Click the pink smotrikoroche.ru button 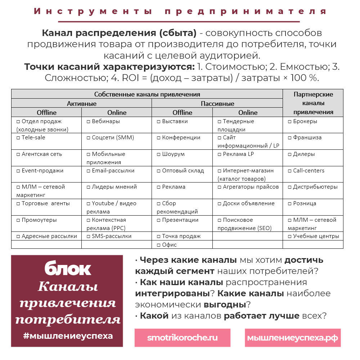(x=182, y=338)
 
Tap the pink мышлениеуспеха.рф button (x=292, y=338)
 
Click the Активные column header (x=82, y=103)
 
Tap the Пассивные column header (x=217, y=103)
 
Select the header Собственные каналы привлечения (x=147, y=94)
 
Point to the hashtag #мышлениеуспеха (x=68, y=336)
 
